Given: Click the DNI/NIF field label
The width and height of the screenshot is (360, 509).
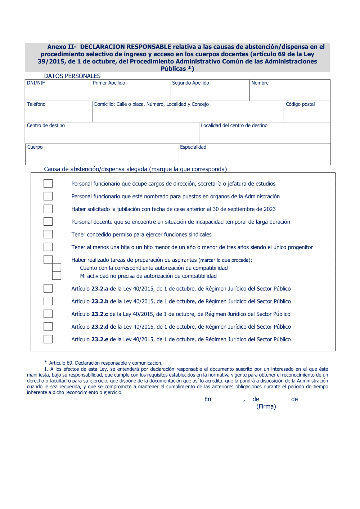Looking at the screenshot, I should pyautogui.click(x=36, y=83).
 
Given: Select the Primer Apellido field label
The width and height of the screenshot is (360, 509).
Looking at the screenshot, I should pyautogui.click(x=109, y=83).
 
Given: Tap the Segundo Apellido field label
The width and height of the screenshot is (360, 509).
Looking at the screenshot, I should pyautogui.click(x=190, y=83).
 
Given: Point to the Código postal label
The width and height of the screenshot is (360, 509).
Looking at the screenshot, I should pyautogui.click(x=300, y=104).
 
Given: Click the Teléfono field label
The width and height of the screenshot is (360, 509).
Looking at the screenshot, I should pyautogui.click(x=36, y=104).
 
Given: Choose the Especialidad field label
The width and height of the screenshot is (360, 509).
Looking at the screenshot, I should pyautogui.click(x=193, y=147).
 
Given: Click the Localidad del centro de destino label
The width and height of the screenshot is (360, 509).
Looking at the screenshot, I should pyautogui.click(x=234, y=126).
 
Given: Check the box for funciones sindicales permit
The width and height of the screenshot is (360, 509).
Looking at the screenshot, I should pyautogui.click(x=48, y=234).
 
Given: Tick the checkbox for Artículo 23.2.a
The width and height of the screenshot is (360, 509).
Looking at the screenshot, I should pyautogui.click(x=48, y=288).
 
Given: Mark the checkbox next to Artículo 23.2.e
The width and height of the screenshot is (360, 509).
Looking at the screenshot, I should pyautogui.click(x=48, y=339).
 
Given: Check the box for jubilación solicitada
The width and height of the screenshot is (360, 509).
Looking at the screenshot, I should pyautogui.click(x=48, y=209).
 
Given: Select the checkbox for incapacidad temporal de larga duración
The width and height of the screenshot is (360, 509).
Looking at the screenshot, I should pyautogui.click(x=48, y=222).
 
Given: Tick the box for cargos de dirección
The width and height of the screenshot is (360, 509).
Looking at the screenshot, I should pyautogui.click(x=48, y=184).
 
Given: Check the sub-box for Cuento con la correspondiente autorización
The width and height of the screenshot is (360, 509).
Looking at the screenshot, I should pyautogui.click(x=57, y=267).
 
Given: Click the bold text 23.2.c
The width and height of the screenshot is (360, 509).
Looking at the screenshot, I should pyautogui.click(x=99, y=314).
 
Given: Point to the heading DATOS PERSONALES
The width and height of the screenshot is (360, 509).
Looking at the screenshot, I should pyautogui.click(x=72, y=76).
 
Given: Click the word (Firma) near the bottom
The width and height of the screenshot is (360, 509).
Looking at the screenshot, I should pyautogui.click(x=266, y=407).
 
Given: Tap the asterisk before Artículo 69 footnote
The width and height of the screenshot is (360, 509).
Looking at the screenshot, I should pyautogui.click(x=46, y=362).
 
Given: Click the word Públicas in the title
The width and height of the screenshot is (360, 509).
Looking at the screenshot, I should pyautogui.click(x=173, y=69).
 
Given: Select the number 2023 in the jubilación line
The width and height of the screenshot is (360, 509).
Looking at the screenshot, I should pyautogui.click(x=270, y=209).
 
